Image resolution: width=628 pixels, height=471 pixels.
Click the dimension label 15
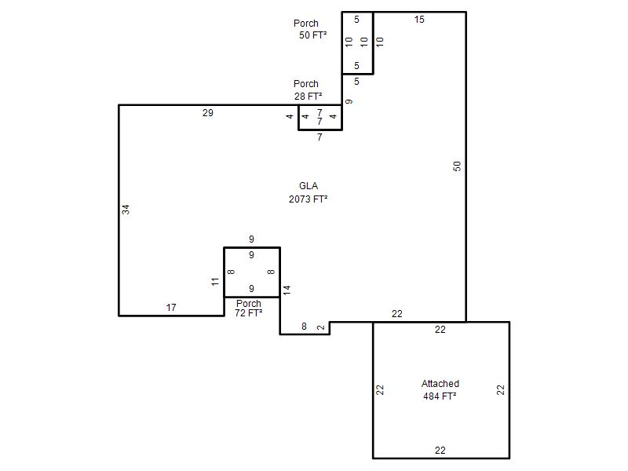pyautogui.click(x=419, y=20)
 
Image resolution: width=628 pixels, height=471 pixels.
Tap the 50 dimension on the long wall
pyautogui.click(x=457, y=166)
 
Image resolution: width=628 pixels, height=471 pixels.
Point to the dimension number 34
pyautogui.click(x=126, y=210)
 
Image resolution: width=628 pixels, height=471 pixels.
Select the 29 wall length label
pyautogui.click(x=208, y=113)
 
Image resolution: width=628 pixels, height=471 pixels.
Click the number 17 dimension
pyautogui.click(x=171, y=308)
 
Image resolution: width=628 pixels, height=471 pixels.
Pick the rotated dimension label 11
pyautogui.click(x=215, y=282)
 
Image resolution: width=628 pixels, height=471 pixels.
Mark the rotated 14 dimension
pyautogui.click(x=287, y=290)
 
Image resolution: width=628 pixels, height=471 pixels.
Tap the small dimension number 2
pyautogui.click(x=321, y=327)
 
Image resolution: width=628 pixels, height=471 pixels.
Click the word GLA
pyautogui.click(x=309, y=186)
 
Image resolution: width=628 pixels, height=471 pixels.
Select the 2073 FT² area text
pyautogui.click(x=309, y=199)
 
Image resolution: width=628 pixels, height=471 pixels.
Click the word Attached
pyautogui.click(x=440, y=384)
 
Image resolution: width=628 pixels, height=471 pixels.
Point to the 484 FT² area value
pyautogui.click(x=440, y=396)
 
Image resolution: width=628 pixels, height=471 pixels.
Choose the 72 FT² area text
pyautogui.click(x=248, y=312)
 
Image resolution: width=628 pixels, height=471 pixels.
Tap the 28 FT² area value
pyautogui.click(x=308, y=97)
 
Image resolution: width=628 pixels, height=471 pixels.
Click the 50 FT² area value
pyautogui.click(x=312, y=35)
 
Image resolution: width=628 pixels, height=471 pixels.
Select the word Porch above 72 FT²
pyautogui.click(x=249, y=303)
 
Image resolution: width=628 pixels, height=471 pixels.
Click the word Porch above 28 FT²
pyautogui.click(x=306, y=84)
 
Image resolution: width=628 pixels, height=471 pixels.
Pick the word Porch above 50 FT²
pyautogui.click(x=306, y=24)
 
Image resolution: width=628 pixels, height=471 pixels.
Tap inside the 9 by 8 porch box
pyautogui.click(x=252, y=272)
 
